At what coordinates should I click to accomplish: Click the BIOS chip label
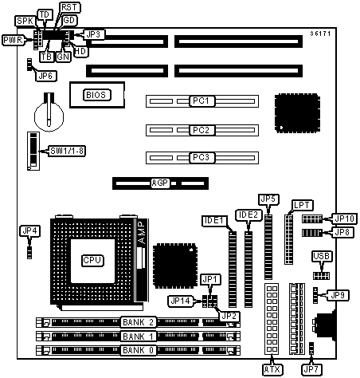[x=97, y=95]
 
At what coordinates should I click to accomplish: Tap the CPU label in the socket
[x=92, y=260]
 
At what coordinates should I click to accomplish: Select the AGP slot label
[x=160, y=183]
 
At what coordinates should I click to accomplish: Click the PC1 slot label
[x=202, y=100]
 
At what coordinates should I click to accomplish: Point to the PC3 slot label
[x=202, y=157]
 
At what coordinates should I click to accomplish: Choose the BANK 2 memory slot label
[x=139, y=322]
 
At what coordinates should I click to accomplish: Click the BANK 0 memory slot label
[x=139, y=350]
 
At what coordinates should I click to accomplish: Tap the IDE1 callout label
[x=215, y=221]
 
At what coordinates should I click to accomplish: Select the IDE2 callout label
[x=248, y=215]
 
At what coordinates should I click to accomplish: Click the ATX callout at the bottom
[x=272, y=369]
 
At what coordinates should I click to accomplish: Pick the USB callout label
[x=322, y=257]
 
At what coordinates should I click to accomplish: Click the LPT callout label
[x=302, y=205]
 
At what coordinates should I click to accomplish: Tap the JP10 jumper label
[x=344, y=219]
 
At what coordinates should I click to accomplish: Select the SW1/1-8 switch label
[x=67, y=151]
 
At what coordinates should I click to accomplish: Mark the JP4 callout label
[x=30, y=230]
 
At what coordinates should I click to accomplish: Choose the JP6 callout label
[x=45, y=76]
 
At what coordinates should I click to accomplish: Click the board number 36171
[x=320, y=33]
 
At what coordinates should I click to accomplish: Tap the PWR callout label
[x=14, y=40]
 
